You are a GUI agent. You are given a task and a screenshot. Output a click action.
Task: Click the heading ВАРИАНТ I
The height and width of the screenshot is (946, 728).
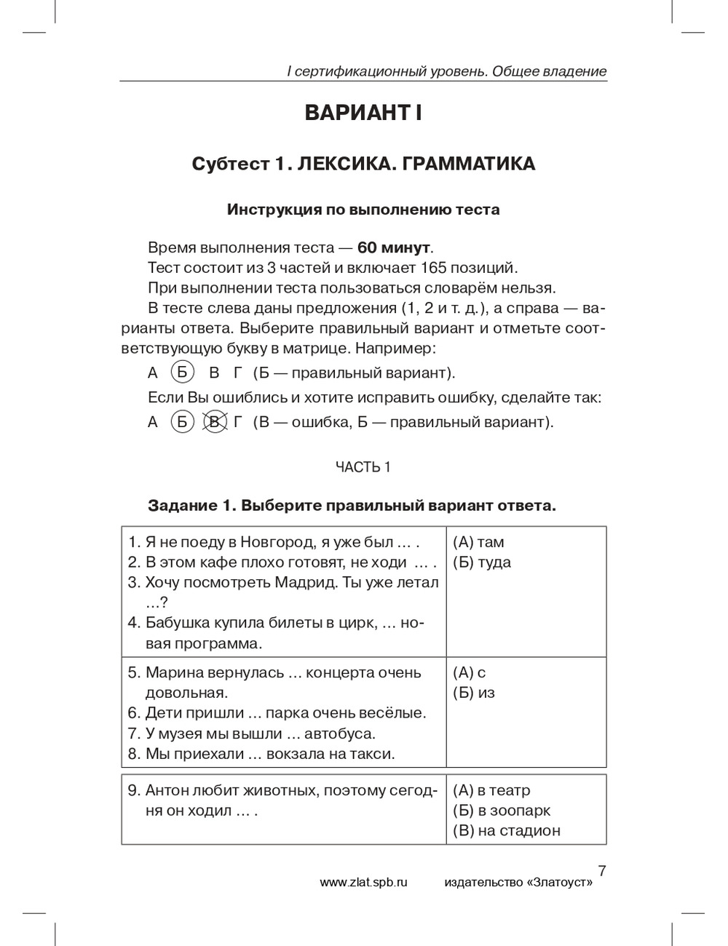coord(363,114)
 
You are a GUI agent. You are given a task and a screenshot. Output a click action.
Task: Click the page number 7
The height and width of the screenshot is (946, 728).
coord(601,870)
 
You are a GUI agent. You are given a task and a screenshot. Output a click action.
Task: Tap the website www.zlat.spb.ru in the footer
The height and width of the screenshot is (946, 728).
coord(363,882)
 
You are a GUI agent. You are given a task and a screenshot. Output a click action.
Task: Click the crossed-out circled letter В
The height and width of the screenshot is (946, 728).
coord(214,422)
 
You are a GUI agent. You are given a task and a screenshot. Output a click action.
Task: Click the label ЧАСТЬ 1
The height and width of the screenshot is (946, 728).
coord(363,467)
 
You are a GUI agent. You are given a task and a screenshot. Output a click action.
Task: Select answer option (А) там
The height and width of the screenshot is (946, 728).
coord(478,542)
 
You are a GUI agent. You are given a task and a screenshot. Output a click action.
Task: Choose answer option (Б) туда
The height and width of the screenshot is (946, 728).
coord(482,563)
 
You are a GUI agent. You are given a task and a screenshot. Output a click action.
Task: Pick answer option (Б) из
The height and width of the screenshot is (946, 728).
coord(474,693)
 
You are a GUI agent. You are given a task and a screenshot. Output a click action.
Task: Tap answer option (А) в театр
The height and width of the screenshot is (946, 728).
coord(491,790)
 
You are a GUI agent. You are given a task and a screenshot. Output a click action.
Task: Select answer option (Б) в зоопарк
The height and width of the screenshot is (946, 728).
coord(502,811)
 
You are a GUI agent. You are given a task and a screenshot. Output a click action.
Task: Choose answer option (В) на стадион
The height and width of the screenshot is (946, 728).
coord(507,831)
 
